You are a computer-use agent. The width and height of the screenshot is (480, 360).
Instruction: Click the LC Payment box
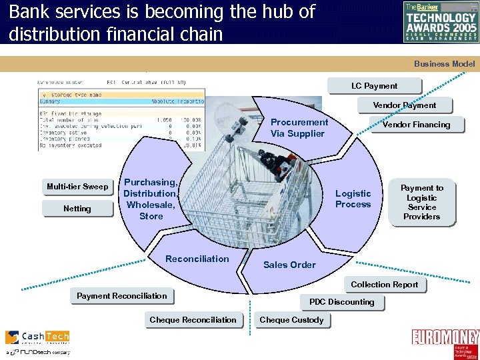coord(374,86)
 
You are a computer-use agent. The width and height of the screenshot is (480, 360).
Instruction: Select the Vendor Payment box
coord(404,105)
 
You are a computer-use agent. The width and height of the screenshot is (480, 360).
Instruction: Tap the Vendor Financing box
coord(416,125)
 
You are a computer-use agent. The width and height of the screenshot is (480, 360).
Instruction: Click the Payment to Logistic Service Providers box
coord(421,202)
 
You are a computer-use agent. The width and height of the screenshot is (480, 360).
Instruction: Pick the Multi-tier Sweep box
coord(77,187)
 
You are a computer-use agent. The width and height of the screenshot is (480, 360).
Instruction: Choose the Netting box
coord(77,209)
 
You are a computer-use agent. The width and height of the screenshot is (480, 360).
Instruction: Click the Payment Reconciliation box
coord(121,296)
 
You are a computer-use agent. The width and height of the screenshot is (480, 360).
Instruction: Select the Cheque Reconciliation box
coord(193,320)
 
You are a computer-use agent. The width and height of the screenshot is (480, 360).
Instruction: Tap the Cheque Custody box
coord(291,320)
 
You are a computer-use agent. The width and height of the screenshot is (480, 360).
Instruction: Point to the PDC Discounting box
coord(341,302)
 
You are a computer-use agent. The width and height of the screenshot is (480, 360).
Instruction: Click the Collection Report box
coord(384,285)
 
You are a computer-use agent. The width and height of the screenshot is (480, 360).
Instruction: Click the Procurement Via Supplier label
coord(299,128)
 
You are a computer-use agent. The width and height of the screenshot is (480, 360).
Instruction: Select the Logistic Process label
coord(353,199)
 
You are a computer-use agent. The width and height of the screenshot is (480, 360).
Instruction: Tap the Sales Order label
coord(289,265)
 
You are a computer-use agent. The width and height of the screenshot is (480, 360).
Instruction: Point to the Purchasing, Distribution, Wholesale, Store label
coord(151,199)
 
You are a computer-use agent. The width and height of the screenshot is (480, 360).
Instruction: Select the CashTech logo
coord(37,341)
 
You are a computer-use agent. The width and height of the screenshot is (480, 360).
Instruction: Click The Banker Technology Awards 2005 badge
coord(441,21)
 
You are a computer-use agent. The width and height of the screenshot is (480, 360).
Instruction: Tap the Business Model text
coord(444,64)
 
